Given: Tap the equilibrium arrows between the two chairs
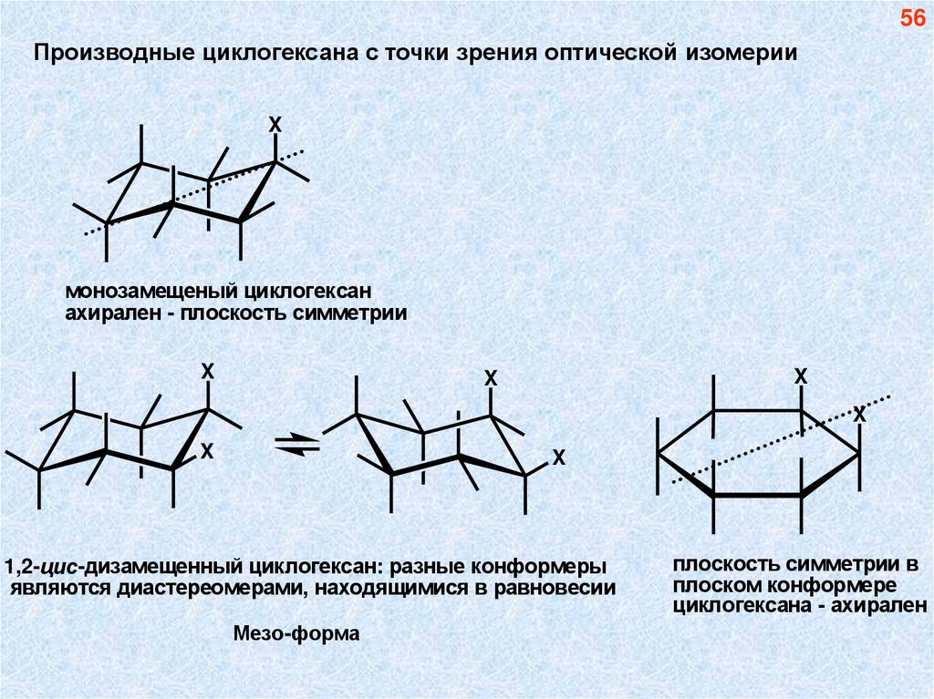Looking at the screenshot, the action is pos(297,444).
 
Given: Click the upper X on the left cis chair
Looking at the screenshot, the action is pos(207,371).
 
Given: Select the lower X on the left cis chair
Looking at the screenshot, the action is pos(207,450).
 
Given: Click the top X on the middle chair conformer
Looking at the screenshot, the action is pos(491,377).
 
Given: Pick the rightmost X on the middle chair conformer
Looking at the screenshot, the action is pos(559,458).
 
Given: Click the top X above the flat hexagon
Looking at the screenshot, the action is pos(801,375).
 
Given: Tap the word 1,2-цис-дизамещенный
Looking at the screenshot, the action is pos(127,566).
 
